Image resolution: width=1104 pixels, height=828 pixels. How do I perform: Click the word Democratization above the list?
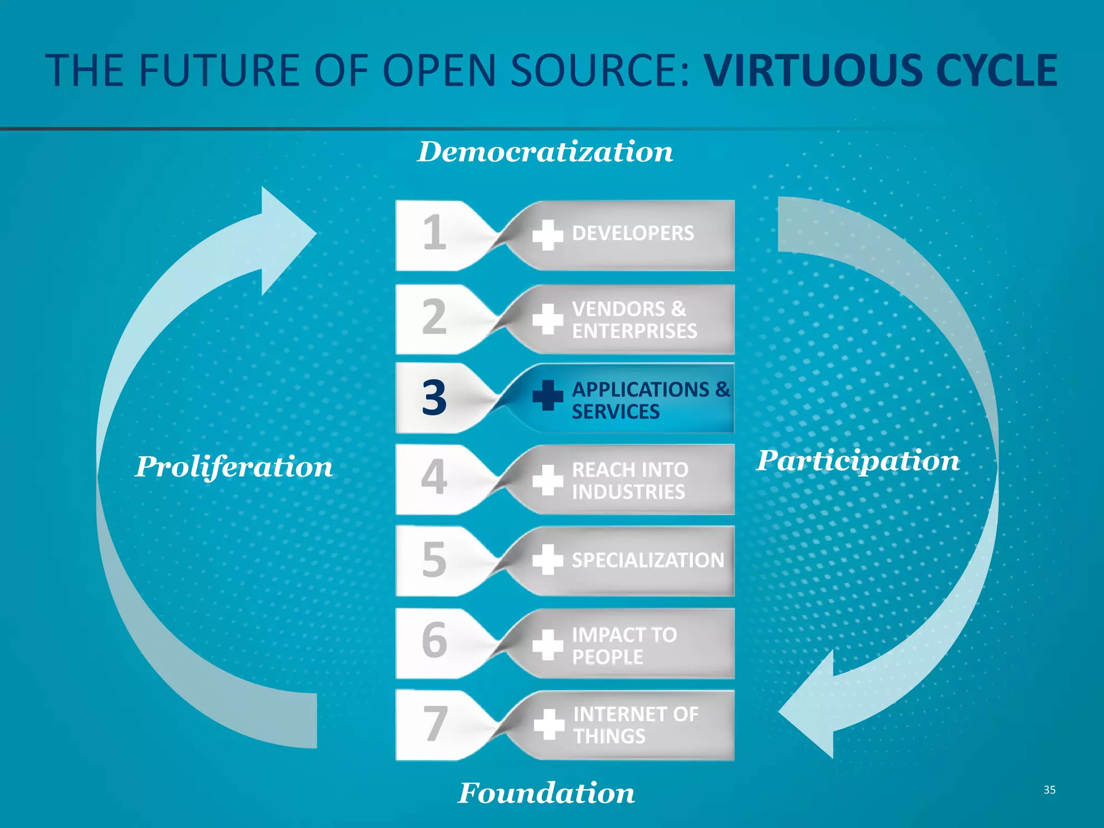pyautogui.click(x=545, y=152)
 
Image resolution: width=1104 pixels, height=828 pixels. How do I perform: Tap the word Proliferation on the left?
pyautogui.click(x=233, y=467)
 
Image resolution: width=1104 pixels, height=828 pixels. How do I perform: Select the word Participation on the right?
pyautogui.click(x=858, y=461)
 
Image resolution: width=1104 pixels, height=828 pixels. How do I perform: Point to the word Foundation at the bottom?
pyautogui.click(x=546, y=793)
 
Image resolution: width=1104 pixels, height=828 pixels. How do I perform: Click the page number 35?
pyautogui.click(x=1049, y=790)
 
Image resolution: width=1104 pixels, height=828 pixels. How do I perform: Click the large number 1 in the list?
pyautogui.click(x=434, y=233)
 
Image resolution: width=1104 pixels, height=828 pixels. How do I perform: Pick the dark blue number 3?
pyautogui.click(x=434, y=398)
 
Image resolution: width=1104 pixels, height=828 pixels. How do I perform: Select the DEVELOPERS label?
pyautogui.click(x=633, y=233)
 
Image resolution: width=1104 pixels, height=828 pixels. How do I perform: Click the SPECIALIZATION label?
pyautogui.click(x=648, y=561)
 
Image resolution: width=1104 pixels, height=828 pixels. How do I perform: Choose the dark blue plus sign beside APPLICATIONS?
pyautogui.click(x=548, y=396)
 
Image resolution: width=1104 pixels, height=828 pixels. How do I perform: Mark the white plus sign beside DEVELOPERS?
pyautogui.click(x=548, y=235)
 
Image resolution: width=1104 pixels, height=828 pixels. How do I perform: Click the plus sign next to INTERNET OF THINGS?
pyautogui.click(x=549, y=724)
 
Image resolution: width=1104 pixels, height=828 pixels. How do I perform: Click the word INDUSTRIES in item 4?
pyautogui.click(x=629, y=492)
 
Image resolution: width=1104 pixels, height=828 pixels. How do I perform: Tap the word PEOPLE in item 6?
pyautogui.click(x=608, y=657)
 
